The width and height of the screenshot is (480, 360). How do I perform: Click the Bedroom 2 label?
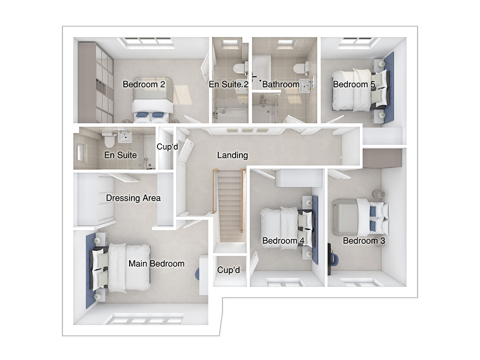(x=144, y=84)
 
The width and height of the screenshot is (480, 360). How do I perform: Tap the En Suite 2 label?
(x=228, y=84)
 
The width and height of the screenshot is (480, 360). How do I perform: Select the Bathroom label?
(x=281, y=84)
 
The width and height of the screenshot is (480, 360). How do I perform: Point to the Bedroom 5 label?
(x=354, y=84)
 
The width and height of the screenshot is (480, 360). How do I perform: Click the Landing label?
(x=232, y=155)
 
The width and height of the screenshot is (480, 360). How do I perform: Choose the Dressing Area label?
(x=133, y=198)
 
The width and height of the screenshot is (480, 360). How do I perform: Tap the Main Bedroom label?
(x=156, y=264)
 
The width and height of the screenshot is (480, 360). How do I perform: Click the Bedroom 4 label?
(x=283, y=240)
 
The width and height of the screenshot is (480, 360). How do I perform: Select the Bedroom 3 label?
(x=364, y=240)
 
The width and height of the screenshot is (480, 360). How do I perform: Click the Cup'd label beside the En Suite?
(x=167, y=146)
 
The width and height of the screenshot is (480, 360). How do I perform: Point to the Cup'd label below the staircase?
(x=228, y=270)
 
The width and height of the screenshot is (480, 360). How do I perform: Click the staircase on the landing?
(x=229, y=205)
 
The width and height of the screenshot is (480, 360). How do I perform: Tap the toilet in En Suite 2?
(x=240, y=68)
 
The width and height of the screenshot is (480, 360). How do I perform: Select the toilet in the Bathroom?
(x=301, y=68)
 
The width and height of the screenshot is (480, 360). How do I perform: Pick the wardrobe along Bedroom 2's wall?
(x=96, y=83)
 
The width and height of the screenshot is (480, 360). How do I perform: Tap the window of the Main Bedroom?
(x=144, y=319)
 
